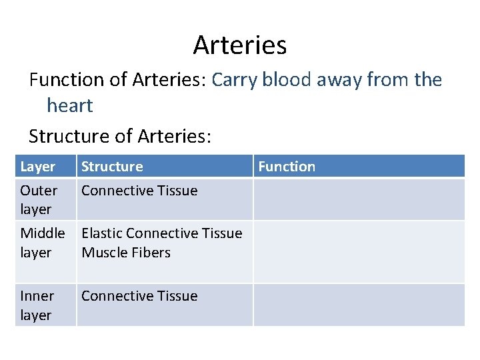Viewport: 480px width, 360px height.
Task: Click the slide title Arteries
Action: point(240,45)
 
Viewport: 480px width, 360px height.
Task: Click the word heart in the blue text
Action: point(69,105)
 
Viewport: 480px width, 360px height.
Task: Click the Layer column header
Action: point(37,167)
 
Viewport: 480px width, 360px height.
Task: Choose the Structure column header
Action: point(112,167)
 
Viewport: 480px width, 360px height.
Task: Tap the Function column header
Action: point(287,167)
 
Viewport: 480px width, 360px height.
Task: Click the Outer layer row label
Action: point(39,199)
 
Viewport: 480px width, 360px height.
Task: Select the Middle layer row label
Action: point(42,243)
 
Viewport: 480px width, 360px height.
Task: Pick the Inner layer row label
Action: point(37,305)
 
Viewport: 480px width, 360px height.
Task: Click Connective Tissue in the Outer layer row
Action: point(139,191)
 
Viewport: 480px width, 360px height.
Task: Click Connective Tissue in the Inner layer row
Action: point(139,296)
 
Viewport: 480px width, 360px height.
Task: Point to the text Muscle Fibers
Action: point(126,253)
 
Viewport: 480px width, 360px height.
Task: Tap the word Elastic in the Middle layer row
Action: point(101,233)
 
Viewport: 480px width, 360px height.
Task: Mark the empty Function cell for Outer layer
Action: point(359,199)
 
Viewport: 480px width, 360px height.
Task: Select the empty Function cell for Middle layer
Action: point(359,251)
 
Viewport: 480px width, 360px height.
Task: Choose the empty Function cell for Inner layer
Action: point(359,305)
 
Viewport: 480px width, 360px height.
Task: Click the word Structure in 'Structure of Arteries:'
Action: point(69,136)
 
